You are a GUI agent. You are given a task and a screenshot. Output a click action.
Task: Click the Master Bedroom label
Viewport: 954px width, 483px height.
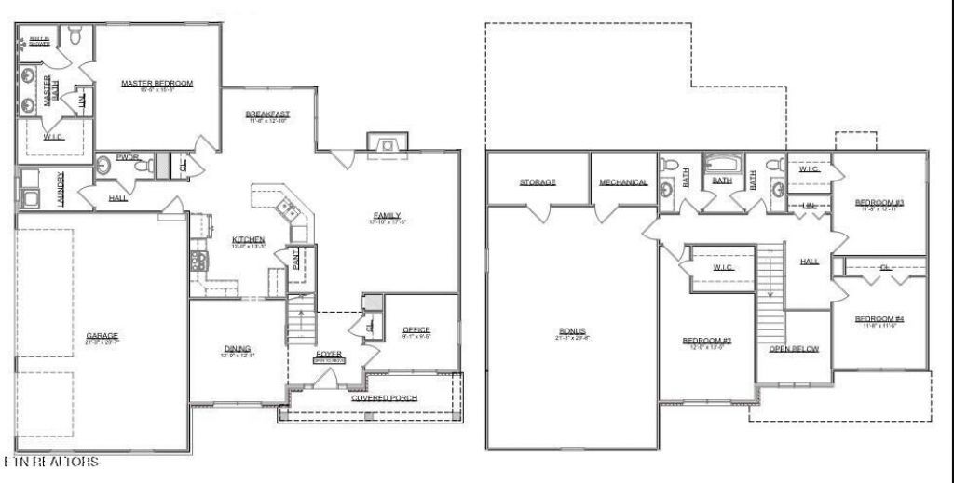tap(157, 84)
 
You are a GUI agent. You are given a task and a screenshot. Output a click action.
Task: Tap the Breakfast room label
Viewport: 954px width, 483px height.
tap(267, 114)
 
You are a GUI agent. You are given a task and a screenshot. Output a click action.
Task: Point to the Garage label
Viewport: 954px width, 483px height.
tap(102, 335)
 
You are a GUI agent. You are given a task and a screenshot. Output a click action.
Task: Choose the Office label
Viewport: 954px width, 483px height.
tap(416, 330)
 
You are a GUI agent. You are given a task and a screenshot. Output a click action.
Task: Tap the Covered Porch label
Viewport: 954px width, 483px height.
tap(384, 398)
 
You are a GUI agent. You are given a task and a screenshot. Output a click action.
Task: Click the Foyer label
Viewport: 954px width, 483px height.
tap(329, 355)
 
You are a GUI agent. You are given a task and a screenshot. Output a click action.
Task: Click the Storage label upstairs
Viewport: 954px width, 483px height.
tap(538, 181)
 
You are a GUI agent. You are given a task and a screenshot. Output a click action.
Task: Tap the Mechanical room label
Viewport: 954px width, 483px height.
tap(623, 182)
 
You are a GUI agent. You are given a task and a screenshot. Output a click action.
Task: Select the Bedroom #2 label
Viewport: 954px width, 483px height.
tap(706, 341)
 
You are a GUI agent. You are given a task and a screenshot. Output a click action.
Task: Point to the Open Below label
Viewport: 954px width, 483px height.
tap(794, 349)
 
